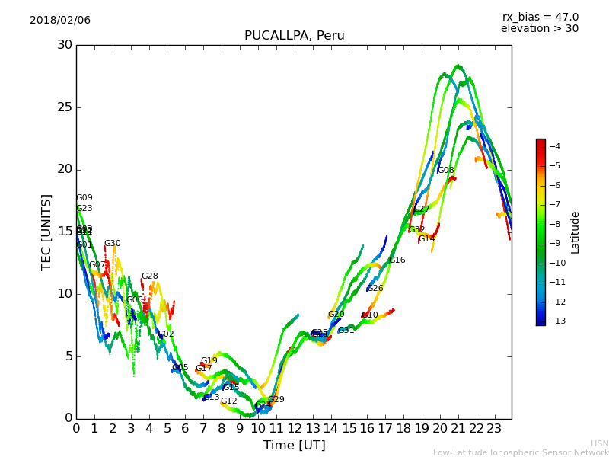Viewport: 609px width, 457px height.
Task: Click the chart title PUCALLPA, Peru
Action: coord(294,36)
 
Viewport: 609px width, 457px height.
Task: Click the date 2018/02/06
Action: coord(60,21)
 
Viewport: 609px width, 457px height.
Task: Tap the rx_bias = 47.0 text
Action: coord(540,18)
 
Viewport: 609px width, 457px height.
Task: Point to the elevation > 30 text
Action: coord(539,29)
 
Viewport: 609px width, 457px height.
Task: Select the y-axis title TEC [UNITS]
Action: coord(47,232)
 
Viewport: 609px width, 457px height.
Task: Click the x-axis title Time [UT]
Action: coord(294,446)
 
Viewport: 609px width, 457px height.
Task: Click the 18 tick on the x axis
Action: coord(403,429)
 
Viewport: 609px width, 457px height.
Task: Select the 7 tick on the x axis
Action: coord(203,429)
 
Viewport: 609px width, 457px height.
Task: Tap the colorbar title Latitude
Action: coord(576,232)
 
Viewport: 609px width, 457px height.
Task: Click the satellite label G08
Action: coord(445,171)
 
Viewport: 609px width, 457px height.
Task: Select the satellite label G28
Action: coord(149,276)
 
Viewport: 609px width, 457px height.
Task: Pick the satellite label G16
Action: coord(397,260)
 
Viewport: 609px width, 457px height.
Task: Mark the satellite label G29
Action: coord(276,400)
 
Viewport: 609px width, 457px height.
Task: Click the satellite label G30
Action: coord(112,244)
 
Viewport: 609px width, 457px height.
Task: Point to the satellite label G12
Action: coord(228,401)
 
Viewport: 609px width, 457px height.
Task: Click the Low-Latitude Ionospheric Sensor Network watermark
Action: coord(521,453)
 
